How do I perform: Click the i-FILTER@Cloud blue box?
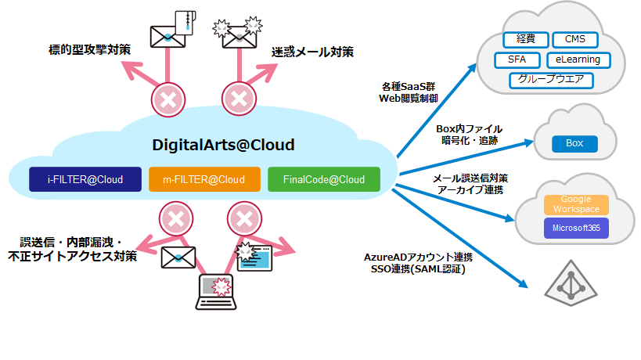tap(85, 180)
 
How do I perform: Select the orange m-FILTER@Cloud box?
tap(203, 180)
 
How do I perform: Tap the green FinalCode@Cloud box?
tap(323, 180)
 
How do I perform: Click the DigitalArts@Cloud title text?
tap(223, 145)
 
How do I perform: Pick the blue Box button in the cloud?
tap(574, 143)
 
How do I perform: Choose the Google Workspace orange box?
tap(577, 204)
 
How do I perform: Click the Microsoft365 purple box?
tap(577, 228)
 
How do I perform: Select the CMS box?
tap(575, 40)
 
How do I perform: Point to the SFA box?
tap(517, 59)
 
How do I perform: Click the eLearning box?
tap(578, 59)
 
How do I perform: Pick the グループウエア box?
tap(551, 80)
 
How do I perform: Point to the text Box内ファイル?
tap(469, 128)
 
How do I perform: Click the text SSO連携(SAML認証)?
tap(420, 270)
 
